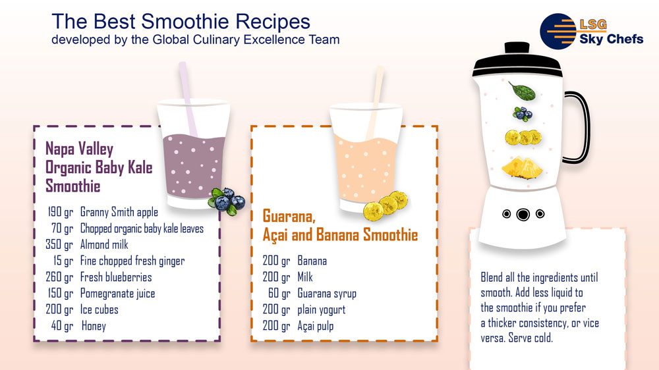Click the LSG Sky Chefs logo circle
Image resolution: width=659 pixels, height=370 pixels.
click(x=558, y=30)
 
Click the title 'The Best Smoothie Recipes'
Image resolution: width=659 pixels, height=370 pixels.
click(x=181, y=21)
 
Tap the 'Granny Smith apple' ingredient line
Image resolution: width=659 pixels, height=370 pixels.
click(x=119, y=212)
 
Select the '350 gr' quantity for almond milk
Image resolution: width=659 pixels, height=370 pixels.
click(x=59, y=245)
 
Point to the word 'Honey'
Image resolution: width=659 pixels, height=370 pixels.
click(x=94, y=326)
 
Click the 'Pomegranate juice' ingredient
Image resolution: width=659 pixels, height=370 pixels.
click(x=117, y=294)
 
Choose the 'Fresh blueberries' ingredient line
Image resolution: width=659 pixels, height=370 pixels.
click(x=116, y=277)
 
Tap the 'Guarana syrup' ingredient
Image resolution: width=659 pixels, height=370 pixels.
click(x=327, y=294)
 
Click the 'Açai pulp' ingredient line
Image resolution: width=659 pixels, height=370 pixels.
click(x=316, y=326)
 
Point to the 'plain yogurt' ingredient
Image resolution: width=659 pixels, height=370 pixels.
click(x=322, y=309)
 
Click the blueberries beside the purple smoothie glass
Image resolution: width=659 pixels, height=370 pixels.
click(x=227, y=199)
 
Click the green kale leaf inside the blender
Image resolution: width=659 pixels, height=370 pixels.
click(x=521, y=90)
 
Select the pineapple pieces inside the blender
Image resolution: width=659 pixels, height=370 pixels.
click(x=521, y=167)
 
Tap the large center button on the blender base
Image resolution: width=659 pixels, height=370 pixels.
click(x=523, y=214)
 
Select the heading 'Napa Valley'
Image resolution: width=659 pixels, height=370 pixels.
click(x=79, y=150)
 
